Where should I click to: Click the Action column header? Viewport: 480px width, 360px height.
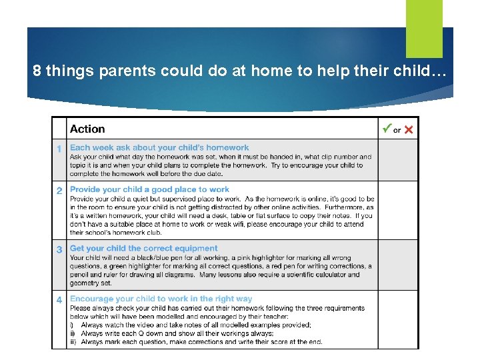click(87, 129)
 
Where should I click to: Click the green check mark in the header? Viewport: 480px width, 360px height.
click(386, 128)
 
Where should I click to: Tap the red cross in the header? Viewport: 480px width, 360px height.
click(409, 130)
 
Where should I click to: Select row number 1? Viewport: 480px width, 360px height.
click(59, 149)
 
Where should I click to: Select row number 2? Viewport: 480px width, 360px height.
click(59, 191)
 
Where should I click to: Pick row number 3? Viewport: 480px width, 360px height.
click(59, 249)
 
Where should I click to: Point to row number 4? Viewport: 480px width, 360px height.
click(59, 300)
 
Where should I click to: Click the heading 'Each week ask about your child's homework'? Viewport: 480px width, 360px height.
click(159, 148)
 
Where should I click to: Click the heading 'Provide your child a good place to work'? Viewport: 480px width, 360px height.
click(149, 190)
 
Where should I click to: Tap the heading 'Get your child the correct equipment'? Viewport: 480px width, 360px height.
click(144, 249)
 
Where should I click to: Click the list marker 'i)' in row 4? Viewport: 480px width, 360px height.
click(72, 325)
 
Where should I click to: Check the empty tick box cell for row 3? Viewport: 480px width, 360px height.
click(397, 265)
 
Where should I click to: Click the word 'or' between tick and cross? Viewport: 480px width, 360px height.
click(397, 131)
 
